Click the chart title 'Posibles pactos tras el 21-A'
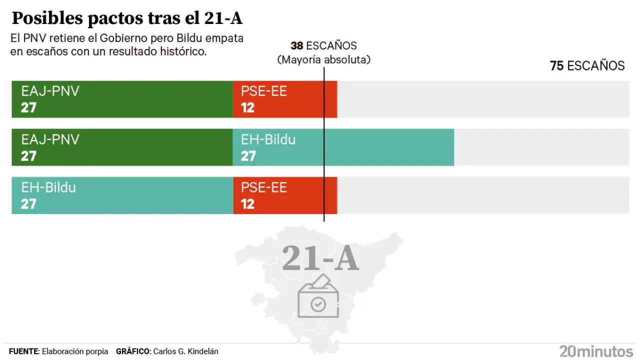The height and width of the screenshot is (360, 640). [x=127, y=18]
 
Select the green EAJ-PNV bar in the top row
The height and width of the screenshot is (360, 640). [x=122, y=99]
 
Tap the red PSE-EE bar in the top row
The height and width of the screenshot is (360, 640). [x=285, y=99]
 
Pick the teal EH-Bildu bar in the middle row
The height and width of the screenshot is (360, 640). [x=343, y=147]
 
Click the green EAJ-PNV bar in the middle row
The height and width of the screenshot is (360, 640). [x=122, y=147]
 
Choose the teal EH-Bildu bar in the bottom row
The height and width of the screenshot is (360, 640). [x=122, y=195]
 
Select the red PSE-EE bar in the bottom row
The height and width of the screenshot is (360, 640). [x=285, y=195]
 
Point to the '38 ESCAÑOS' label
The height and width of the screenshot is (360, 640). [x=323, y=46]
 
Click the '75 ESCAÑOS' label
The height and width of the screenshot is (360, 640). [x=587, y=66]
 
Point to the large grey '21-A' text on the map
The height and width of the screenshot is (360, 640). [x=320, y=258]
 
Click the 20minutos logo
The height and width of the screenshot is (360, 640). [x=596, y=351]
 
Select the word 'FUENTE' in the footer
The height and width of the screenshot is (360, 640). [x=23, y=351]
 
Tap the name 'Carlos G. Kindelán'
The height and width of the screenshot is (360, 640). [x=185, y=351]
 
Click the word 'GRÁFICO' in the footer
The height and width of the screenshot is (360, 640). [x=132, y=351]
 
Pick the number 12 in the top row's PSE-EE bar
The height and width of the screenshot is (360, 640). [x=247, y=107]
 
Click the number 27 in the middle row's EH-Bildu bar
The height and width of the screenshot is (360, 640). [x=248, y=156]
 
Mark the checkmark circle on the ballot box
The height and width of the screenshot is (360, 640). [x=318, y=303]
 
